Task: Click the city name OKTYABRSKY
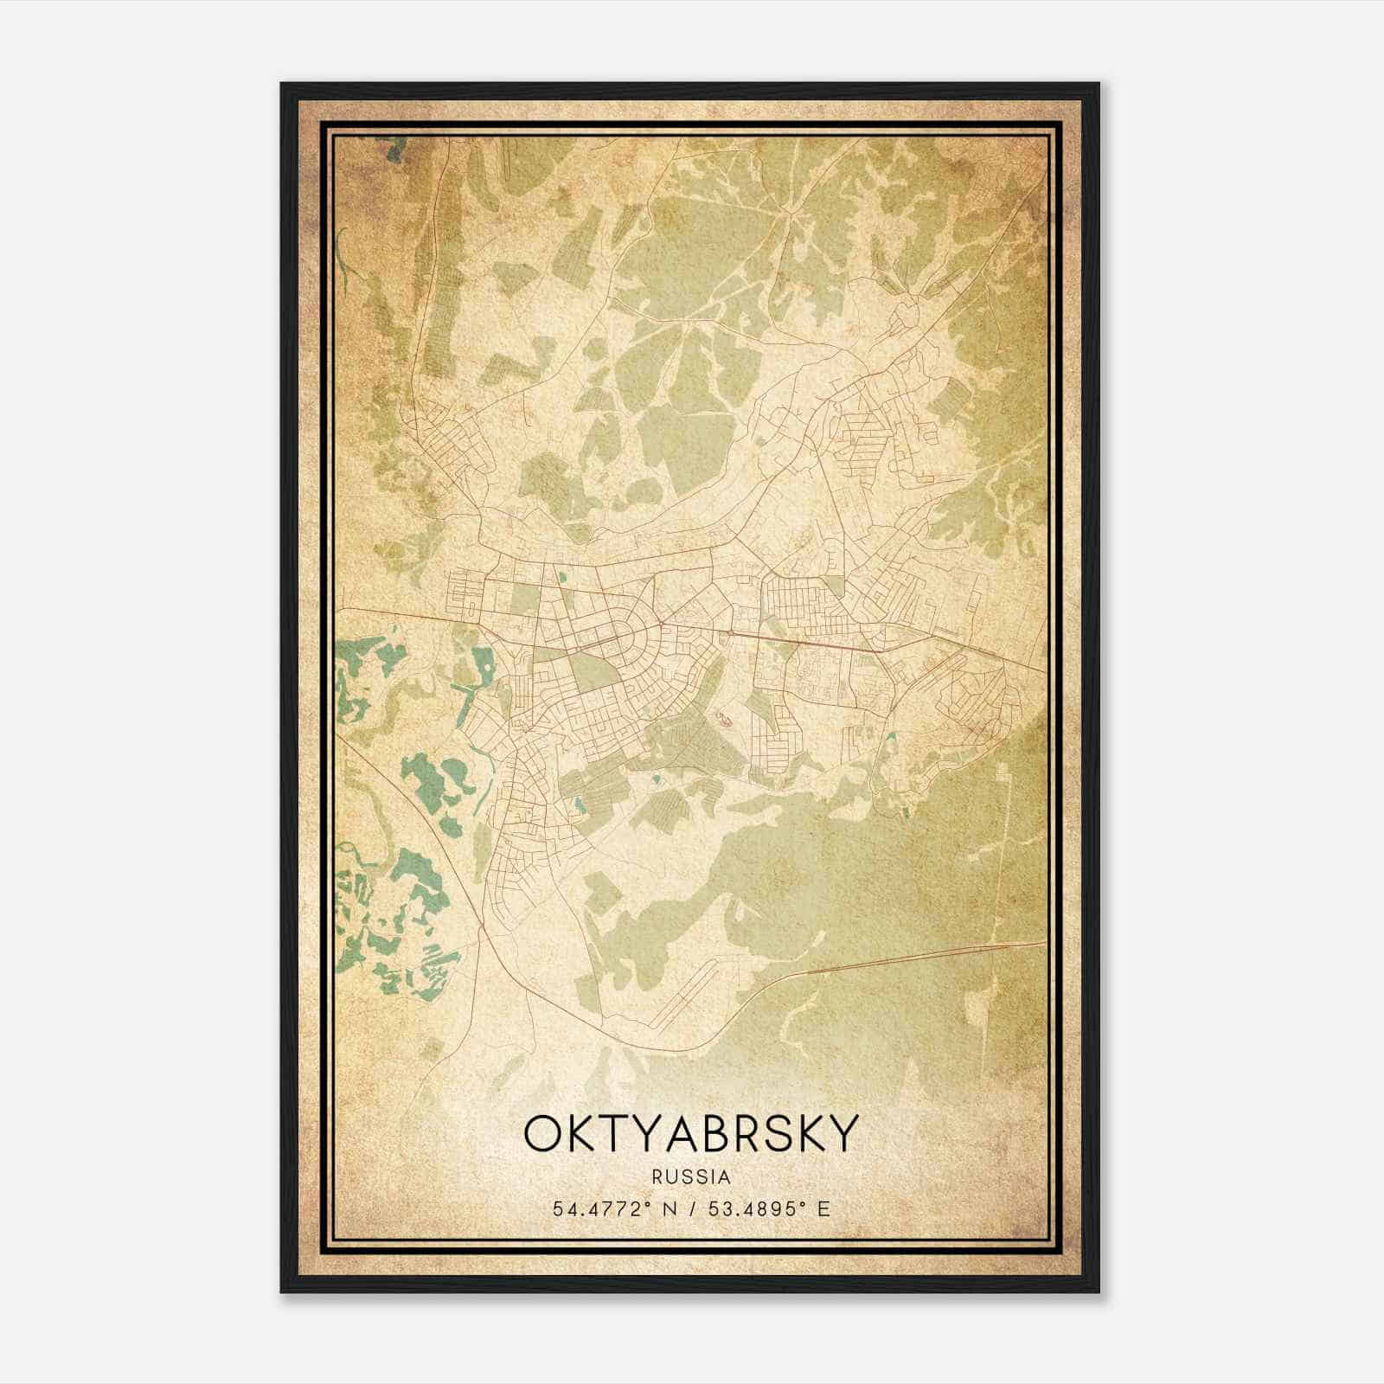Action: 691,1134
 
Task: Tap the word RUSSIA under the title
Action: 691,1177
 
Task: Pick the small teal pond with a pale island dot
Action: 578,806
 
